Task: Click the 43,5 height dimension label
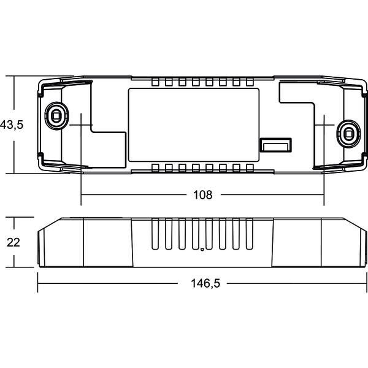(12, 125)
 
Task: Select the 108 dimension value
(202, 195)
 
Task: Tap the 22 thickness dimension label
(13, 242)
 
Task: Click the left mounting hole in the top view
(55, 114)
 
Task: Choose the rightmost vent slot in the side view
(250, 236)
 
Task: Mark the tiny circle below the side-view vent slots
(202, 249)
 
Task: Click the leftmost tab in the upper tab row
(154, 82)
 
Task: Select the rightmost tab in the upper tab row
(250, 82)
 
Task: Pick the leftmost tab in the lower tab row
(154, 168)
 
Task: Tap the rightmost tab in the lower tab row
(250, 168)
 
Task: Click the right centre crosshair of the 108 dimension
(324, 124)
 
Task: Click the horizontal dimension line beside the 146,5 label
(110, 283)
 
